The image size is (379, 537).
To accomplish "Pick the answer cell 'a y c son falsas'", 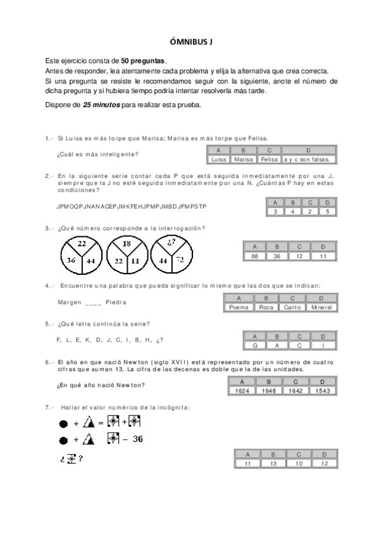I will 308,160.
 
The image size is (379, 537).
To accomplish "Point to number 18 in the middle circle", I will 126,244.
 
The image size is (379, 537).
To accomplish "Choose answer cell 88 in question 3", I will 255,256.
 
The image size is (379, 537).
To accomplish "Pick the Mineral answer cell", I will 321,307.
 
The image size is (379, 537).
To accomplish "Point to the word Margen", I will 70,301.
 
